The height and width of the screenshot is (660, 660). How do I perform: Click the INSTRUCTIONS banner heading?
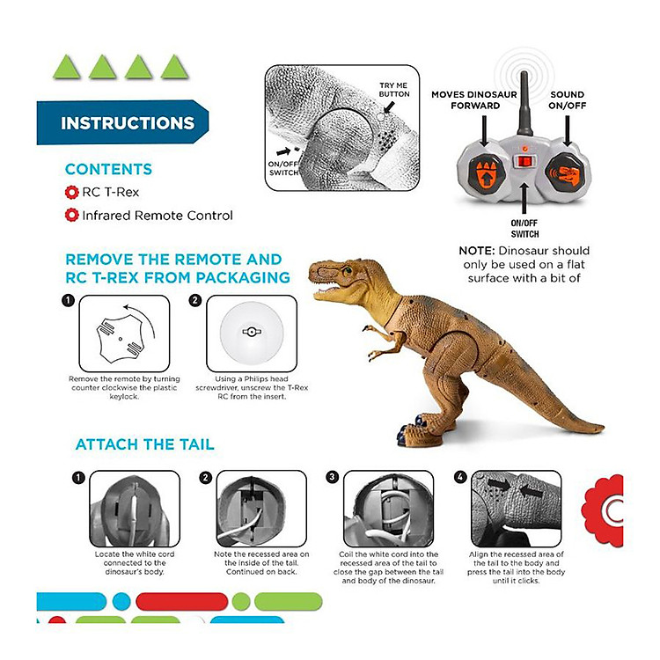pos(128,123)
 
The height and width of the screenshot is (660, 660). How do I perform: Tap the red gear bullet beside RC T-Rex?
pos(72,193)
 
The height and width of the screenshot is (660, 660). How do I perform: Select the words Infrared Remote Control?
pos(158,216)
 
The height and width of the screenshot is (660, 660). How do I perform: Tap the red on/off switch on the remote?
pos(524,162)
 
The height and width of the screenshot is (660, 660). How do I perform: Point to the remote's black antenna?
pos(524,104)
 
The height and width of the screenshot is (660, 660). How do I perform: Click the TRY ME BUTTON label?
pos(394,90)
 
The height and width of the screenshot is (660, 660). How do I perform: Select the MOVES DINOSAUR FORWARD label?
pos(474,100)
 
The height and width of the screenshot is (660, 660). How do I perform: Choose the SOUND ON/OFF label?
pos(568,100)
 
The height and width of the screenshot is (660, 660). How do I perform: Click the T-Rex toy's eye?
pos(348,271)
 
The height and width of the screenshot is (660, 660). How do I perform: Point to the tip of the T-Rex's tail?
pos(602,429)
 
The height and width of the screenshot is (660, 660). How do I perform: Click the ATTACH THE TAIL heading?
pos(145,444)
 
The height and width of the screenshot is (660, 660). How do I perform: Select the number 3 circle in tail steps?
pos(333,477)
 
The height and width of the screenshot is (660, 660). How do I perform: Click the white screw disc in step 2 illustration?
pos(252,332)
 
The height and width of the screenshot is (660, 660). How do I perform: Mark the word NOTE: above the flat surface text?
pos(476,251)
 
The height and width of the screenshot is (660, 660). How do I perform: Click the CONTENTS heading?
pos(108,169)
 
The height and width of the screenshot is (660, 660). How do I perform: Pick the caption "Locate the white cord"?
pos(135,554)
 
